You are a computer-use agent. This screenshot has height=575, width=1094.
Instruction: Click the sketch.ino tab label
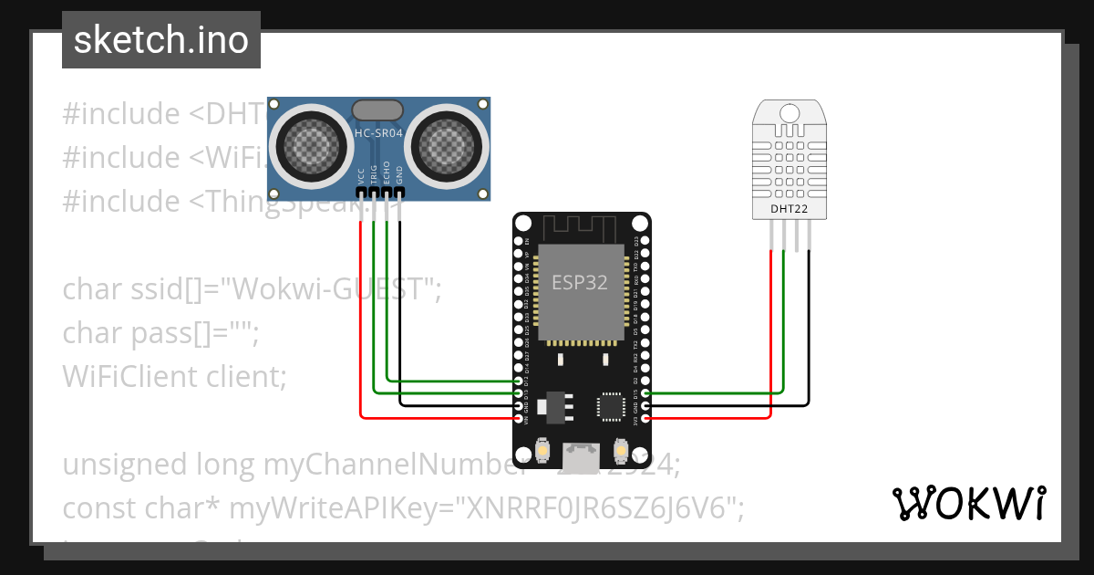(x=161, y=40)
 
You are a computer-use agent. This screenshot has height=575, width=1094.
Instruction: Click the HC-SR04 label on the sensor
(x=377, y=133)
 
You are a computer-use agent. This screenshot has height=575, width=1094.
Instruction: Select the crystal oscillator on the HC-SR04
(x=377, y=110)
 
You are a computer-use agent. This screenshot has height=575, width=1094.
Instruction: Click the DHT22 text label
(x=790, y=209)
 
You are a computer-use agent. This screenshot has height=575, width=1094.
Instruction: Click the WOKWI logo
(x=968, y=503)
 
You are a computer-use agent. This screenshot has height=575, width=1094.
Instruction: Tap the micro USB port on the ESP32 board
(x=582, y=452)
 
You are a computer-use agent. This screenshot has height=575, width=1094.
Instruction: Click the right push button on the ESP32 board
(x=621, y=451)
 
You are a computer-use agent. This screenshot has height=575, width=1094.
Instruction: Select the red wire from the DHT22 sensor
(x=772, y=329)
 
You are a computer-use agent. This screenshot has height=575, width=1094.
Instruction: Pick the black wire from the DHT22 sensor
(x=808, y=329)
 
